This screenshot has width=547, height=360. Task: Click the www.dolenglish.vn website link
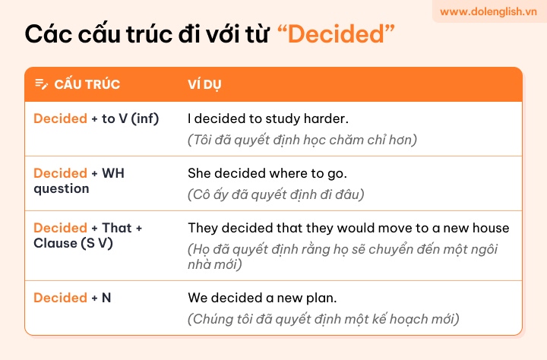coord(488,11)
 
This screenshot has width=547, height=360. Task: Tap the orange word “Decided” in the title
coord(336,34)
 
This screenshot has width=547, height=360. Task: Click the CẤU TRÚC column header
coord(87,84)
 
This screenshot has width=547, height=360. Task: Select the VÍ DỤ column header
coord(204,84)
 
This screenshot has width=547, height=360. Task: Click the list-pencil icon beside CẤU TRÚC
coord(42,84)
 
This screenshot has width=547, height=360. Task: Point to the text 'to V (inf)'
coord(130,118)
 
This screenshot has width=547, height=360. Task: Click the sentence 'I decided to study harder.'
coord(268,118)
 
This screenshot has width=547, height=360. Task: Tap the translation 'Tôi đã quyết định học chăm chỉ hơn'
coord(302,140)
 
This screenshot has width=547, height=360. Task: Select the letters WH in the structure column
coord(113,173)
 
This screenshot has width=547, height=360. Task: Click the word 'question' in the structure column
coord(62,189)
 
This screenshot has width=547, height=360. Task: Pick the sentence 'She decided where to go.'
coord(267,173)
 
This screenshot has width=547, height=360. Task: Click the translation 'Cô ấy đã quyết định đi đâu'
coord(276,194)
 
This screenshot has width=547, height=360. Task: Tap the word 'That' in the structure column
coord(116,228)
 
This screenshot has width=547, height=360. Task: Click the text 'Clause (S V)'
coord(73,244)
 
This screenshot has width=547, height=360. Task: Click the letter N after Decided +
coord(106,298)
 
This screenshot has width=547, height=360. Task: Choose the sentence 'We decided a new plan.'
coord(262,298)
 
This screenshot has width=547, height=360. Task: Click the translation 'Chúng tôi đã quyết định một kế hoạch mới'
coord(324,319)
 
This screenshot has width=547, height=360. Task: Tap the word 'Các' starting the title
coord(48,34)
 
